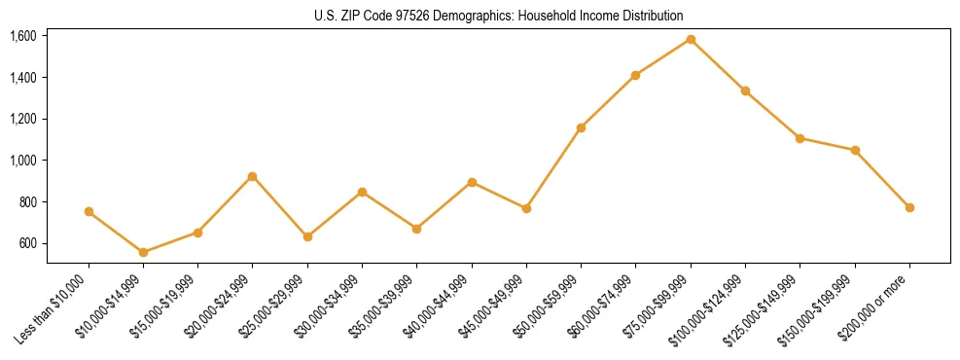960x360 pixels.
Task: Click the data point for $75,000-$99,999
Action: (x=691, y=39)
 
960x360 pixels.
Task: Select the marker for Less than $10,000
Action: (x=89, y=211)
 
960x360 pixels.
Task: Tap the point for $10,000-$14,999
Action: (x=143, y=252)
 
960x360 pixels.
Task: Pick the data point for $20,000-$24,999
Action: (x=252, y=176)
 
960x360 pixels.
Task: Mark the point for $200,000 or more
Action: (x=909, y=207)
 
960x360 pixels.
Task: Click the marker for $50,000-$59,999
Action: (x=581, y=127)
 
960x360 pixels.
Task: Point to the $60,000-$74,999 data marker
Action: (x=635, y=75)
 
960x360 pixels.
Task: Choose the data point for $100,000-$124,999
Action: (x=745, y=90)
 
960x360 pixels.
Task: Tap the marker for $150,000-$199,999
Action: (x=855, y=150)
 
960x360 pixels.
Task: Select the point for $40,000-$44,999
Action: (x=472, y=182)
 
